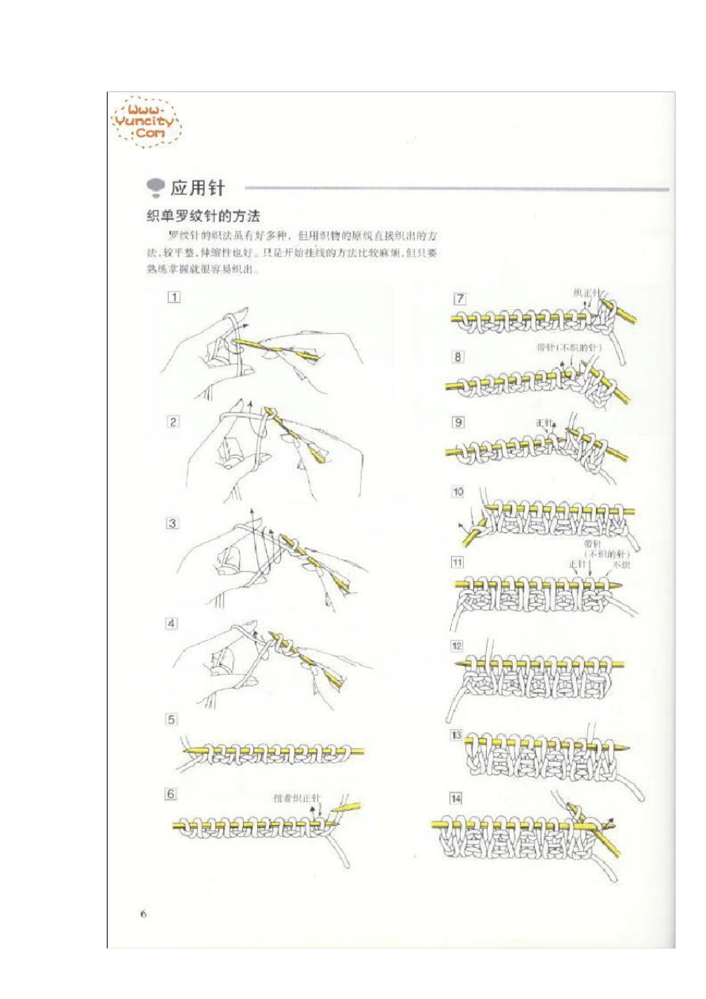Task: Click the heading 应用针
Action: (x=197, y=188)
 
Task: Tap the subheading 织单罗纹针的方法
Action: (x=203, y=216)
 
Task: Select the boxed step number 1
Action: (x=173, y=297)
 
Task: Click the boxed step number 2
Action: (x=173, y=421)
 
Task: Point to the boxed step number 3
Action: (x=172, y=523)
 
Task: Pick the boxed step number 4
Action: (x=172, y=623)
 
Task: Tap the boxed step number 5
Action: (x=172, y=719)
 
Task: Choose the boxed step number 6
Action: (x=171, y=794)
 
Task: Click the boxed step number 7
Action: (x=460, y=299)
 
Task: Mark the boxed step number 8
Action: (x=459, y=357)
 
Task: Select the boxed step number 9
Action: (x=459, y=422)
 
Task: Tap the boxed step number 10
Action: (x=458, y=491)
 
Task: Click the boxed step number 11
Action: (x=457, y=562)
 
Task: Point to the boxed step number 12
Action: (x=457, y=645)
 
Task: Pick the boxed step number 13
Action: (x=456, y=735)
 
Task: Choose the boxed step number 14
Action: (x=456, y=798)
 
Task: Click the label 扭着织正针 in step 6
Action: (x=296, y=798)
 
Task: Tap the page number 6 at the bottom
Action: (x=143, y=914)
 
